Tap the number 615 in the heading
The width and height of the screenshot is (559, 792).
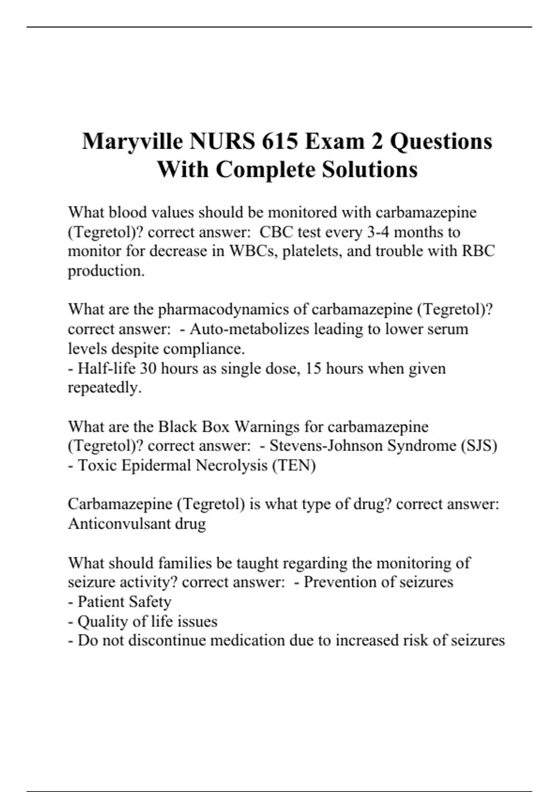pyautogui.click(x=279, y=141)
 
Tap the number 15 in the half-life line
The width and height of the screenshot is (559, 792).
pyautogui.click(x=314, y=369)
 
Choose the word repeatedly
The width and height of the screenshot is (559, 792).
pyautogui.click(x=104, y=388)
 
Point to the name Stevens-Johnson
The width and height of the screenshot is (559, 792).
pyautogui.click(x=326, y=446)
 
